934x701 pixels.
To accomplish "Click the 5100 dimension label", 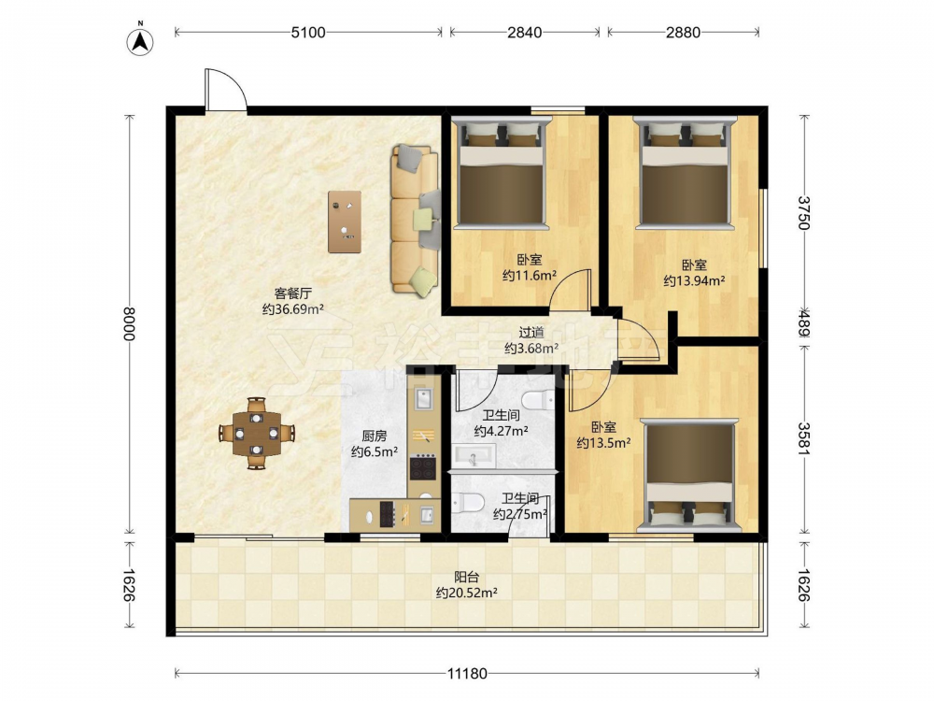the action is pos(308,32).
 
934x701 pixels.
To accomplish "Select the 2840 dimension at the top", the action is pos(525,32).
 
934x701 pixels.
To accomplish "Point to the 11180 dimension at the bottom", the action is pos(467,674).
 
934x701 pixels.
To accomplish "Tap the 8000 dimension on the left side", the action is pos(129,323).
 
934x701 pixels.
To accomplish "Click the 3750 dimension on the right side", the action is pos(804,213).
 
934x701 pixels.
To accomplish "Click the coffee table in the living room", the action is pos(345,222).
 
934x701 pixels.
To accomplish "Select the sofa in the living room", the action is pos(416,220).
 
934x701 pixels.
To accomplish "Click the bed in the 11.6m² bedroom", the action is pos(501,174).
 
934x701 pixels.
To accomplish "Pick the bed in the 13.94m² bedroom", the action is pos(685,174).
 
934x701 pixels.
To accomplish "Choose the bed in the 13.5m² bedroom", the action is pos(690,475).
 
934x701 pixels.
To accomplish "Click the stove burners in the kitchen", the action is pos(423,467).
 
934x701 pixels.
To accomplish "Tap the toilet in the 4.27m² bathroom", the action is pos(539,400).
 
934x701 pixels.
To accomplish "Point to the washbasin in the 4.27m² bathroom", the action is pos(474,457).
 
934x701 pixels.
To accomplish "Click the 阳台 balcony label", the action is pos(466,577).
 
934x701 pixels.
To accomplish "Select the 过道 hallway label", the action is pos(531,333).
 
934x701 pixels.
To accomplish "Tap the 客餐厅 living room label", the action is pos(293,293).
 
